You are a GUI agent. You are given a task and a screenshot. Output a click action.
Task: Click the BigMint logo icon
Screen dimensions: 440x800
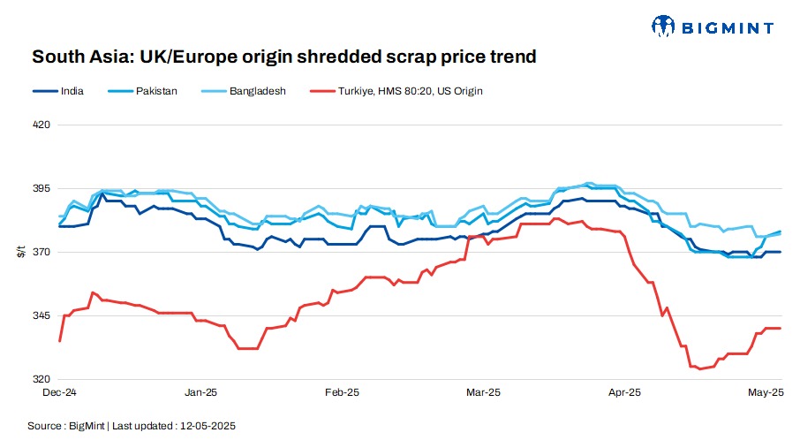click(x=664, y=27)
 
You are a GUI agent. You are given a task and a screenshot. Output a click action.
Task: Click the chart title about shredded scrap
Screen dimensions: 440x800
click(x=284, y=57)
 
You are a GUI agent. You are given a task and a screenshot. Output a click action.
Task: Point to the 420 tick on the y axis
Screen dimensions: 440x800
click(x=41, y=125)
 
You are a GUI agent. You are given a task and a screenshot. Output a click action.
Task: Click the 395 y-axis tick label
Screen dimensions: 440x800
click(x=41, y=189)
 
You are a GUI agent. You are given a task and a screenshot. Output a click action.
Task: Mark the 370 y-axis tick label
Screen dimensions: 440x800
click(x=41, y=253)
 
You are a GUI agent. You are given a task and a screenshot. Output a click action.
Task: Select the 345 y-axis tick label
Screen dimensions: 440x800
click(x=41, y=315)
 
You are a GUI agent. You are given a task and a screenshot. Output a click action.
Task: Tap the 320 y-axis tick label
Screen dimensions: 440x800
click(x=41, y=379)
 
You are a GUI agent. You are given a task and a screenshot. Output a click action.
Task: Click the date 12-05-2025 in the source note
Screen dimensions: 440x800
click(x=208, y=425)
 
